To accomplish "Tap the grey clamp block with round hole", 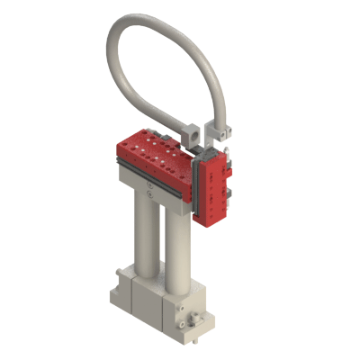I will pos(193,131).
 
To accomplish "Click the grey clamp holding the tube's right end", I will pos(219,131).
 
